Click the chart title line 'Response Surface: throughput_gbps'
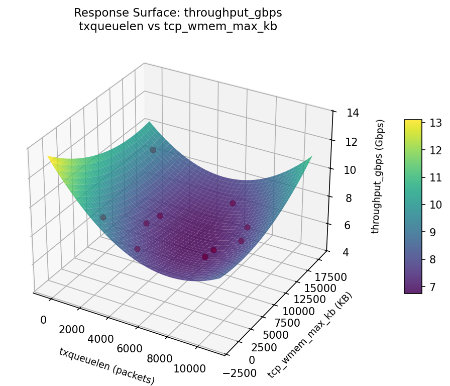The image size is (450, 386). (178, 13)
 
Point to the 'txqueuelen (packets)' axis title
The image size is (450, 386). (106, 366)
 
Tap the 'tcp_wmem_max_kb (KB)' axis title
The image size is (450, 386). (310, 335)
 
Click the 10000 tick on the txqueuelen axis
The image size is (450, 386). (189, 369)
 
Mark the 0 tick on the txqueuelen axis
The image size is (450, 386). (43, 320)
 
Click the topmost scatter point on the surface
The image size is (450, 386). (153, 150)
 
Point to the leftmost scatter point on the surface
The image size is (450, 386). (103, 217)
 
